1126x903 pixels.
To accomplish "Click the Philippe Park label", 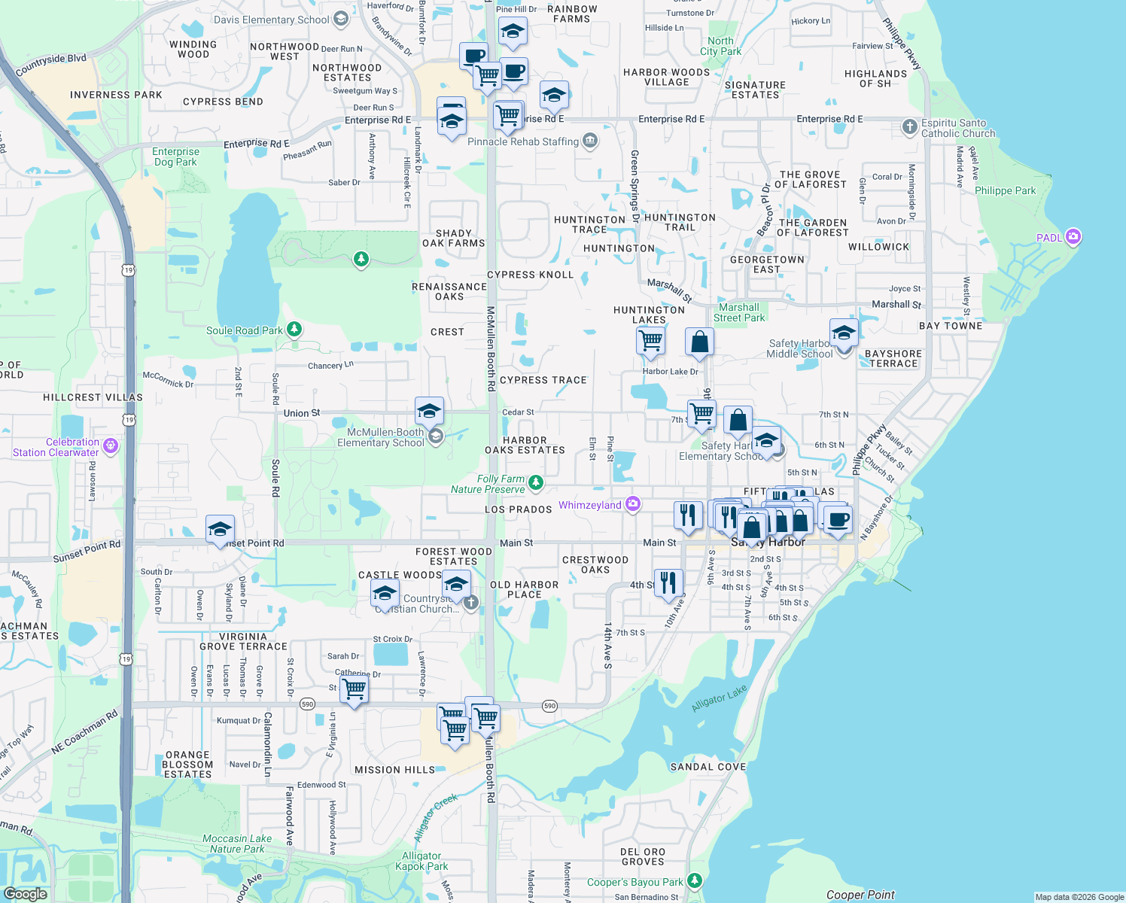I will pos(1005,190).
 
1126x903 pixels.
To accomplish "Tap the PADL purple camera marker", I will pos(1073,237).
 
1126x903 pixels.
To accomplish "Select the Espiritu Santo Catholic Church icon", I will pos(910,127).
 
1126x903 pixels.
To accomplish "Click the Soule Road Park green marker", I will pos(294,330).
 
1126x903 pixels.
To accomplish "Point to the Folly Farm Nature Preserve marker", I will pos(536,482).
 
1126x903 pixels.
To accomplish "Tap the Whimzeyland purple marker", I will pos(633,504).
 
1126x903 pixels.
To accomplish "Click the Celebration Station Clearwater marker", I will pos(111,446).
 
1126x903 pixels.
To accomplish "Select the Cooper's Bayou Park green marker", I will pos(695,880).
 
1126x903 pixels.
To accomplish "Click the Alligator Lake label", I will pos(719,698).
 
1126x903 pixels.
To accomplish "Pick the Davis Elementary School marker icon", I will pos(341,19).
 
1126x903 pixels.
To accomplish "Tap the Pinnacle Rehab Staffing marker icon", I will pos(590,141).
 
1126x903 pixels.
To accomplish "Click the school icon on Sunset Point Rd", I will pos(220,529).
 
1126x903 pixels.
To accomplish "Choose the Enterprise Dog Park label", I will pos(175,157).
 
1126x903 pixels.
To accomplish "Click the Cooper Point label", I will pos(860,895).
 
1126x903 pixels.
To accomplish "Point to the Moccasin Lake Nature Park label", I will pos(237,844).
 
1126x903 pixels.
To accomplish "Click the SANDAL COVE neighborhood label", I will pos(708,767).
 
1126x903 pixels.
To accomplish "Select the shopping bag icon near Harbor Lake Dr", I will pos(699,342).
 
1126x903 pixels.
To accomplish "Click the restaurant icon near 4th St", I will pos(668,583).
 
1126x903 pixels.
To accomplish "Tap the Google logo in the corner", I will pos(25,894).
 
